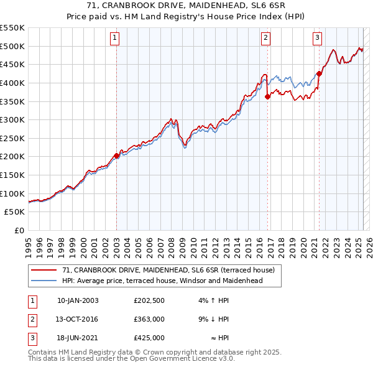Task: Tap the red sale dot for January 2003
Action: pyautogui.click(x=116, y=156)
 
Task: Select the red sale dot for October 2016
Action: pyautogui.click(x=267, y=96)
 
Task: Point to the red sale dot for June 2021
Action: pyautogui.click(x=319, y=73)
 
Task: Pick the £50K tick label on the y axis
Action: pyautogui.click(x=15, y=212)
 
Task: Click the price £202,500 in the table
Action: pyautogui.click(x=149, y=300)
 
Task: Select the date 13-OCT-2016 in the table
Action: pyautogui.click(x=78, y=319)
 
